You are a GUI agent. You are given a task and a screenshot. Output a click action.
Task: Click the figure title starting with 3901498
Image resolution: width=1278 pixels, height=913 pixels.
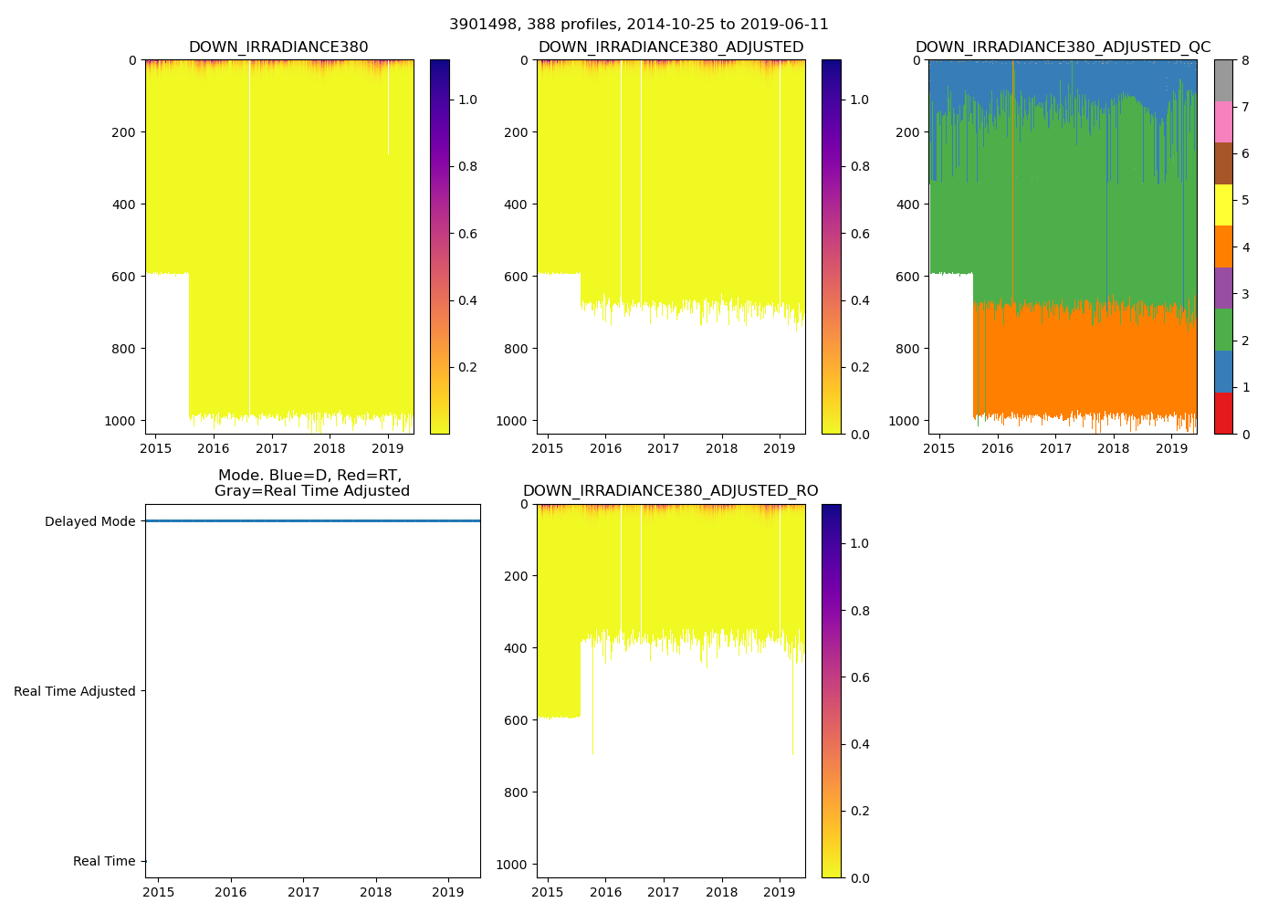click(638, 25)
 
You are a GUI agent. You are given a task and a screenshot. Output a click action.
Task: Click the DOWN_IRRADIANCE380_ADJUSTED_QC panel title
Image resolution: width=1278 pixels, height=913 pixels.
click(1063, 47)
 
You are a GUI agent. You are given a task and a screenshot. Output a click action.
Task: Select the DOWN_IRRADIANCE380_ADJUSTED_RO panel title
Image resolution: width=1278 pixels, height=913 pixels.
click(670, 491)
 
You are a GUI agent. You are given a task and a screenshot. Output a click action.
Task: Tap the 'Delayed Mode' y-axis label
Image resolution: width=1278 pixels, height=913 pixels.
click(89, 521)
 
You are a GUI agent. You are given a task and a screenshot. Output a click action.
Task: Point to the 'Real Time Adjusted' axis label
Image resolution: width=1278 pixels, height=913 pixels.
click(75, 691)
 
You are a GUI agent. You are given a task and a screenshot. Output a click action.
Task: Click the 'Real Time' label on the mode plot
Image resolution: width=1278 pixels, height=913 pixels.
click(104, 861)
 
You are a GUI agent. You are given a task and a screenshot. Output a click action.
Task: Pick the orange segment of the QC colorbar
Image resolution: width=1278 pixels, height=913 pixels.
click(1223, 247)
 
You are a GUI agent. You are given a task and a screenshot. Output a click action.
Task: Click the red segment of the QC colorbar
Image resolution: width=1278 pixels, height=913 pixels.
click(1223, 413)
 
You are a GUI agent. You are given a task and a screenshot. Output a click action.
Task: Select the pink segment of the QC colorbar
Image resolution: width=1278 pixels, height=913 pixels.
click(1223, 121)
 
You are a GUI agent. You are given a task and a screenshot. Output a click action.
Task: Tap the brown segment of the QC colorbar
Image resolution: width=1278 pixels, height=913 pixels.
click(1223, 163)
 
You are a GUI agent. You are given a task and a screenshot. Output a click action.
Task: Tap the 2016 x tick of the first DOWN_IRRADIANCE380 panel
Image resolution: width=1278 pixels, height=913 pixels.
click(214, 448)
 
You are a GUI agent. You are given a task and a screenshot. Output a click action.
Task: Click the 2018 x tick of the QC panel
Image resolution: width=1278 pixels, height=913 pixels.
click(1114, 448)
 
